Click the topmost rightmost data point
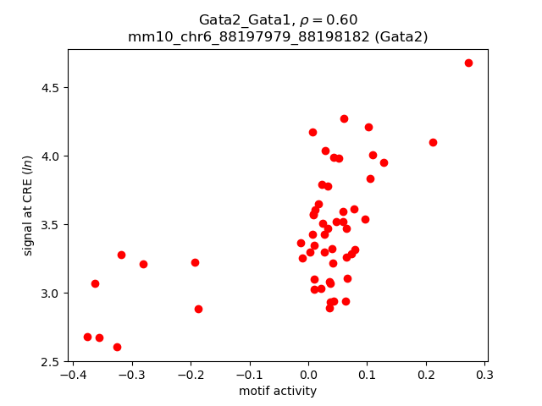pos(468,63)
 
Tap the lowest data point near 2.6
pos(117,347)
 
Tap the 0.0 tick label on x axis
pos(308,375)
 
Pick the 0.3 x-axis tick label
pos(484,375)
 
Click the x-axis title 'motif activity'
pos(278,391)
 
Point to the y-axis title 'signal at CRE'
pos(27,206)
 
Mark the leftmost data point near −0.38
pos(87,337)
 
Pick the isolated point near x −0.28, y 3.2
pos(143,264)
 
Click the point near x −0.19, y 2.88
pos(198,309)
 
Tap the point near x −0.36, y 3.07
pos(95,283)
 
